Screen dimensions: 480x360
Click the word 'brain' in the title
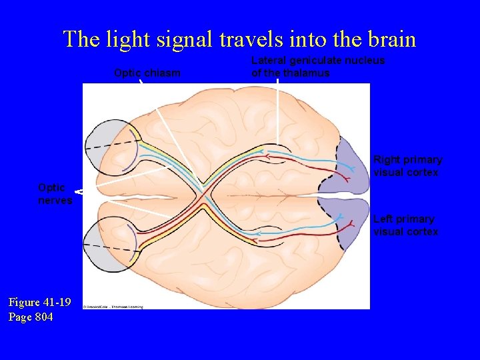387,39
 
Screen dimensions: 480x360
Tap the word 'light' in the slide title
129,39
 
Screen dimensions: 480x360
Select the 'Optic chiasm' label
147,73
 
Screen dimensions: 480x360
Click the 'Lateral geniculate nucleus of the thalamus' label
318,67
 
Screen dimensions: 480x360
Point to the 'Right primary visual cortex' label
407,166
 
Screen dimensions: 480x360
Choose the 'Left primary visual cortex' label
405,225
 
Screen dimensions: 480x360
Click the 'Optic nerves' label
55,194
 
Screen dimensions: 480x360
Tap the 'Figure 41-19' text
39,302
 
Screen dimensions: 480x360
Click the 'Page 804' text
31,317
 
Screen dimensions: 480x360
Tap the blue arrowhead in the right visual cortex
339,159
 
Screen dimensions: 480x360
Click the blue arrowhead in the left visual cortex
339,217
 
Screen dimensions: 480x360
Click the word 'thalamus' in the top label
307,73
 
